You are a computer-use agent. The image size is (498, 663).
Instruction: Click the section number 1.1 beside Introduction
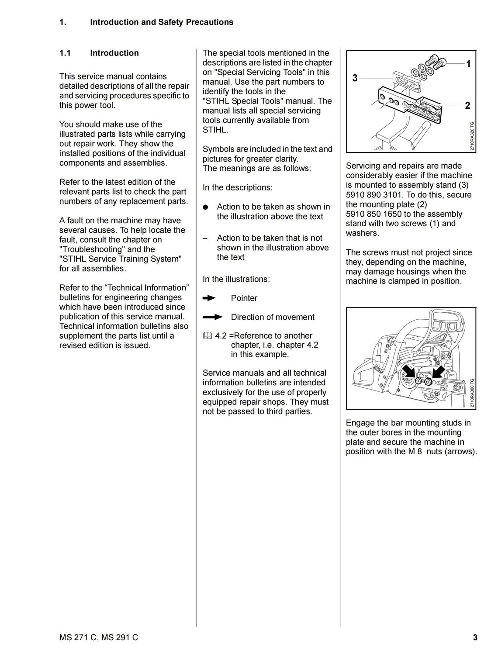tap(65, 53)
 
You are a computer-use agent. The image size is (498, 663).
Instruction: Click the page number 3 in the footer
tap(475, 638)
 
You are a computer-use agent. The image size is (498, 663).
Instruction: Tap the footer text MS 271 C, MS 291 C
tap(99, 638)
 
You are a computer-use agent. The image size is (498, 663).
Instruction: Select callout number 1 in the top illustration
tap(468, 64)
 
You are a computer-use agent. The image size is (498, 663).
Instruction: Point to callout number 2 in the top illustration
tap(467, 105)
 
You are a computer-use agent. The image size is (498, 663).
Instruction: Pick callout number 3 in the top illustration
tap(355, 78)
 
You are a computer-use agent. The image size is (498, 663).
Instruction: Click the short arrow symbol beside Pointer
tap(209, 298)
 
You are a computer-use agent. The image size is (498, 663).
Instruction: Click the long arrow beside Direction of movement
tap(213, 317)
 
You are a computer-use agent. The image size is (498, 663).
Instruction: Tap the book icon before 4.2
tap(207, 336)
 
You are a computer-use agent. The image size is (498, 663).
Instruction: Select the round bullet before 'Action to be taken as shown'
tap(206, 207)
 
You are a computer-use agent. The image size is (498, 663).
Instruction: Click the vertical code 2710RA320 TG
tap(472, 136)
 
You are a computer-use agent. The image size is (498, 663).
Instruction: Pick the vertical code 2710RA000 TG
tap(472, 393)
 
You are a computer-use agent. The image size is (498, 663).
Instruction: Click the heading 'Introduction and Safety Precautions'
tap(162, 22)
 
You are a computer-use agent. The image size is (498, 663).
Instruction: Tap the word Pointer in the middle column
tap(244, 298)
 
